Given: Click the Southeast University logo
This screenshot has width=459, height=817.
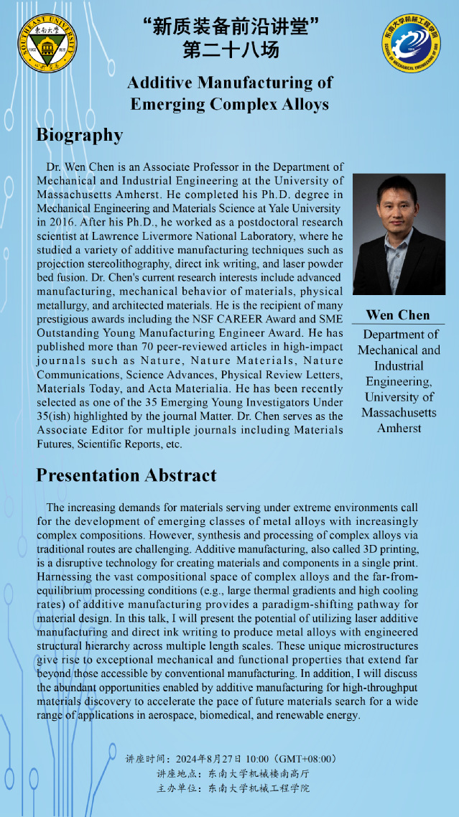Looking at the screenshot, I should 47,42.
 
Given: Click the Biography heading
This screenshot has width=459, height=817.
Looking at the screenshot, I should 80,135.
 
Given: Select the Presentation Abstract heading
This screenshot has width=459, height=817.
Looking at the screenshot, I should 126,475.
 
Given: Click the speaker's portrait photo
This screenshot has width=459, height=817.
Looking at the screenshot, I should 399,233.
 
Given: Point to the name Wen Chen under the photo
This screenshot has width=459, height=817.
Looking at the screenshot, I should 399,314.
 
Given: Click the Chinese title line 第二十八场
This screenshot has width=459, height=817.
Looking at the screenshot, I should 231,50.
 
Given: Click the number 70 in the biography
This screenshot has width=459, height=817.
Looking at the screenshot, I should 128,347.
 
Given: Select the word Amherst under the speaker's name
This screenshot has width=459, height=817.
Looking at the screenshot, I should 399,429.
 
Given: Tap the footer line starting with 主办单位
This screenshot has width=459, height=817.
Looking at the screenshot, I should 233,788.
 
